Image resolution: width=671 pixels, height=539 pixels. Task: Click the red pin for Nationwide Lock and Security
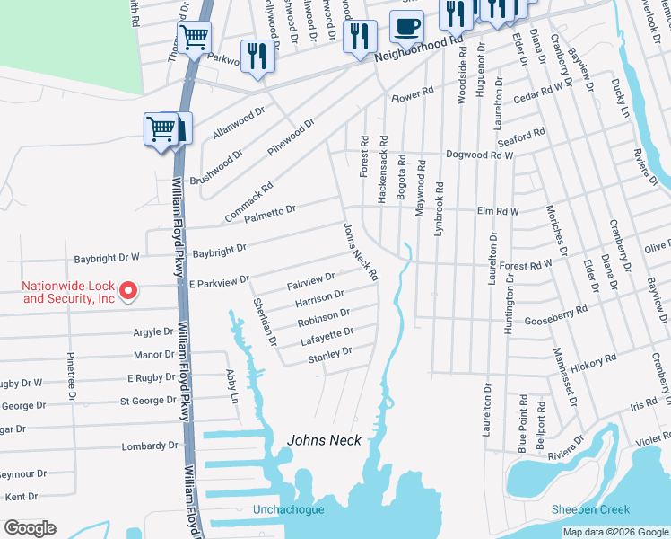pyautogui.click(x=127, y=290)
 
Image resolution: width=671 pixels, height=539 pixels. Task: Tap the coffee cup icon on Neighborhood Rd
pyautogui.click(x=406, y=27)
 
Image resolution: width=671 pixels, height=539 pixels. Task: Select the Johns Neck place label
pyautogui.click(x=323, y=440)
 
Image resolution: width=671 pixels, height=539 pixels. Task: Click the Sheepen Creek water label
pyautogui.click(x=590, y=509)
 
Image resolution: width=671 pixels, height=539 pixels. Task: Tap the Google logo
pyautogui.click(x=30, y=527)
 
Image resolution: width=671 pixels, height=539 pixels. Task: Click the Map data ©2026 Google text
pyautogui.click(x=614, y=532)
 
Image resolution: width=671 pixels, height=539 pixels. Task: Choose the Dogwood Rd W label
pyautogui.click(x=480, y=155)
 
